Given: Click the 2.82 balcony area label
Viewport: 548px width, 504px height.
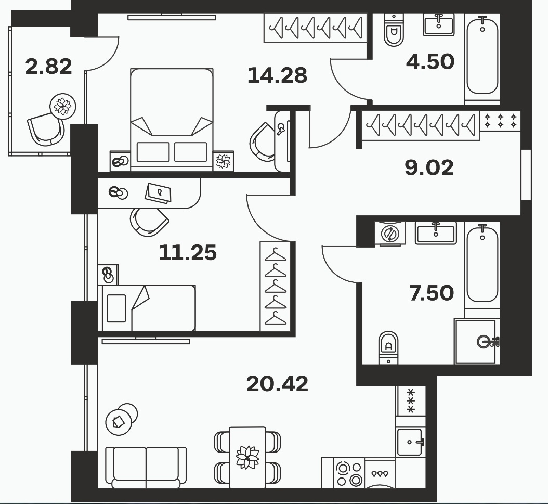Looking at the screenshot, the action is coord(48,67).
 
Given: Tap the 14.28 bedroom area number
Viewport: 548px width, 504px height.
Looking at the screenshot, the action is coord(277,75).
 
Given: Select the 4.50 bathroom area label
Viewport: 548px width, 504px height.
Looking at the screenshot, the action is coord(430,61).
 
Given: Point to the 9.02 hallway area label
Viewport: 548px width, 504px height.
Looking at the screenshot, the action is coord(429,167).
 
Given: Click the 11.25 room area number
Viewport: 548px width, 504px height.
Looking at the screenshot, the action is coord(188,253).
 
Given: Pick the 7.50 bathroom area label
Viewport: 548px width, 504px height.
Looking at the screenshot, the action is coord(432,293).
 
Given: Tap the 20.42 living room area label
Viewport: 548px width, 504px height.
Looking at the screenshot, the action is coord(277,384).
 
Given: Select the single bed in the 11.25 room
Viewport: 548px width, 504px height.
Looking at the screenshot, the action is coord(147,308).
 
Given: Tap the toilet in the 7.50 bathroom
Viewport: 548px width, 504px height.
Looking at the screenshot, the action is coord(388,348).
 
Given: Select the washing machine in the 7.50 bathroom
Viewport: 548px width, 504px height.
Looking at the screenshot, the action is coord(390,233).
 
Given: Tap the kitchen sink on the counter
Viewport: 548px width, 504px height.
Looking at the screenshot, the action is coord(410,442).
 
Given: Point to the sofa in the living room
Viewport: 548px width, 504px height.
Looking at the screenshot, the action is coord(146,467).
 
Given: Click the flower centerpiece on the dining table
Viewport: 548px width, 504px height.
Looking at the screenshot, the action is coord(247,457).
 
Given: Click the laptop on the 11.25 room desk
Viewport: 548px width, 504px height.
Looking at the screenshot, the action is coord(159,192).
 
